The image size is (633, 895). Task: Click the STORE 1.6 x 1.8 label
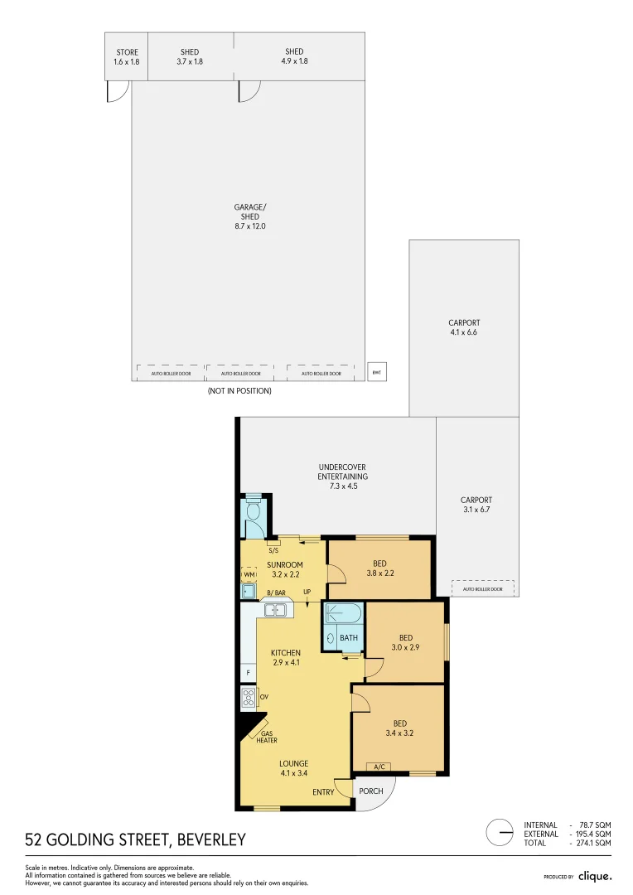(x=127, y=56)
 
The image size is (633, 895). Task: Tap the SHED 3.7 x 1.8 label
(x=190, y=56)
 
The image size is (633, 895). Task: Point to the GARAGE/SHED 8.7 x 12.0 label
(x=249, y=216)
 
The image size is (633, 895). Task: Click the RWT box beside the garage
(x=377, y=372)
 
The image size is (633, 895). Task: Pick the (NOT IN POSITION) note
(x=239, y=390)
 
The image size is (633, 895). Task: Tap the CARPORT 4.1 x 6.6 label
(x=464, y=328)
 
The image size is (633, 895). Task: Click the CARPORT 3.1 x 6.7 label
(x=476, y=505)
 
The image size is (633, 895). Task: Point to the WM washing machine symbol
(x=248, y=573)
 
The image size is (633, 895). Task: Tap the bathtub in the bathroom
(x=343, y=614)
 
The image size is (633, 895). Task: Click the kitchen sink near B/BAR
(x=275, y=611)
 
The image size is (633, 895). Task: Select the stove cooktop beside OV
(x=248, y=698)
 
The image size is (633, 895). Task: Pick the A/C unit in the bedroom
(x=381, y=767)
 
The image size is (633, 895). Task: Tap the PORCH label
(x=371, y=791)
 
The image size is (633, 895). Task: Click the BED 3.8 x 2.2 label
(x=379, y=568)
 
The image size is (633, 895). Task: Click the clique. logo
(x=595, y=876)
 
